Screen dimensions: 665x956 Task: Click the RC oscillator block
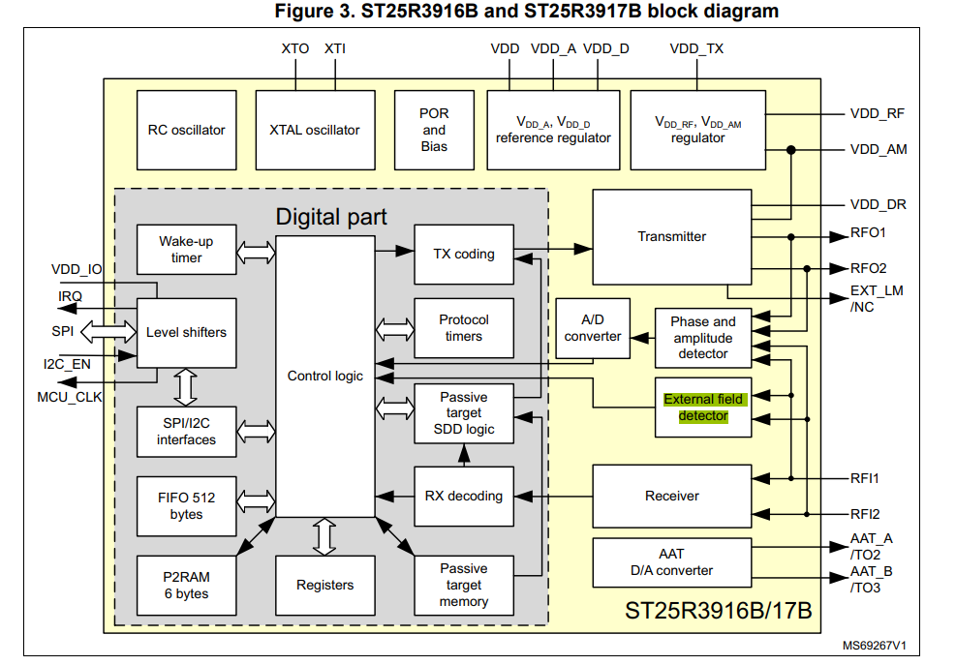coord(186,130)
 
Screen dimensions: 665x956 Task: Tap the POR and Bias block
coord(434,130)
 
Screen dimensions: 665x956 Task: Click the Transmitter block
coord(671,236)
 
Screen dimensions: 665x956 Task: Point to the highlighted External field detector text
coord(703,408)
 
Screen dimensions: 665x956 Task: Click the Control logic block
coord(324,376)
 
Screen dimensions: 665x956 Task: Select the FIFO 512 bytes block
coord(186,505)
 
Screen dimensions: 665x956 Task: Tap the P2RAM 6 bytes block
coord(186,585)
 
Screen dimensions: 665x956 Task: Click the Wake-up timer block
coord(186,250)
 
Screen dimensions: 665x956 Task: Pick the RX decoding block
coord(463,496)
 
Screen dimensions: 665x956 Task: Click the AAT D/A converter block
coord(671,561)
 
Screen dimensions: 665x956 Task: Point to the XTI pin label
coord(334,48)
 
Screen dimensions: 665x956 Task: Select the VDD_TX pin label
coord(696,48)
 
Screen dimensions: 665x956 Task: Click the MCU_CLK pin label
coord(69,397)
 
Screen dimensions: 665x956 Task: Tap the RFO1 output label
coord(868,233)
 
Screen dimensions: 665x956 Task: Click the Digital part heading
coord(331,216)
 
